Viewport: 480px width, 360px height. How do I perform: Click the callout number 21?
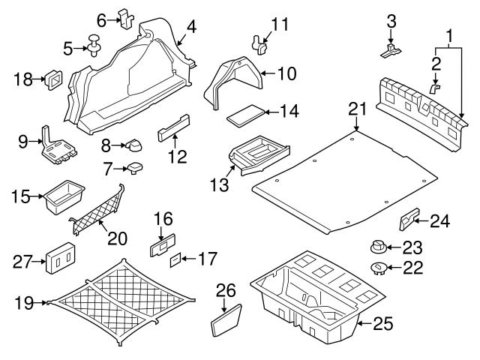(358, 109)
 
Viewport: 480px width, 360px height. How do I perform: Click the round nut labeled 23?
(378, 247)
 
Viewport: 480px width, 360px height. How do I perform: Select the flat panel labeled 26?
(225, 319)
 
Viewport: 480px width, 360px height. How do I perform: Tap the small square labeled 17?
(175, 259)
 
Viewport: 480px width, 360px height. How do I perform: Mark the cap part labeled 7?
(136, 166)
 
